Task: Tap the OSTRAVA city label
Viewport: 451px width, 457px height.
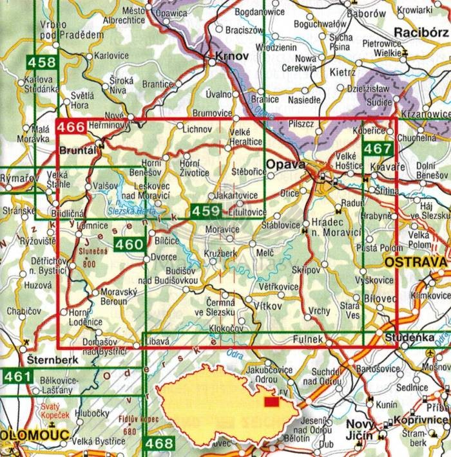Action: (416, 263)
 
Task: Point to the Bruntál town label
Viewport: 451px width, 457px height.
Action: (77, 150)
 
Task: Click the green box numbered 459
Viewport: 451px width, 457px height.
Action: (206, 210)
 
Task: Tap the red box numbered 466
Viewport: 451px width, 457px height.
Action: (71, 127)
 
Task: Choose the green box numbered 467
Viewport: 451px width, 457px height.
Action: (377, 149)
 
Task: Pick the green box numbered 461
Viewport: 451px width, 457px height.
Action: (14, 375)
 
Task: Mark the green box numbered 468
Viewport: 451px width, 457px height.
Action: (159, 443)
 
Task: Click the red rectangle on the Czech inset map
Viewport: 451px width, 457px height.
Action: (272, 402)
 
